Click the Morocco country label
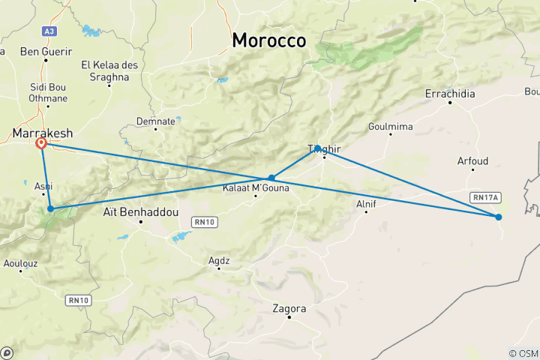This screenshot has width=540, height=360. click(269, 40)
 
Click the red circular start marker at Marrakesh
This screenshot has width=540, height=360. click(41, 143)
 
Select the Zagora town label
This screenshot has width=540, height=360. click(289, 308)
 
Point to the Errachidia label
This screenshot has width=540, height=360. click(449, 93)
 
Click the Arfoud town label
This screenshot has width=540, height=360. click(472, 160)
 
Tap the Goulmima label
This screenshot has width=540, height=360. click(391, 127)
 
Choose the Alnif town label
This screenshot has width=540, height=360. click(366, 202)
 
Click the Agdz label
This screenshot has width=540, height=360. click(219, 260)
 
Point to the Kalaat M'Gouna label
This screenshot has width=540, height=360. click(256, 187)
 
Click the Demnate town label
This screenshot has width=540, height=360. click(156, 120)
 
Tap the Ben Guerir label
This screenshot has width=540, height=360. click(46, 52)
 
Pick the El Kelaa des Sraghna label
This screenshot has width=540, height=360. click(110, 70)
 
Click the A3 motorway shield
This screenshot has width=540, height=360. click(49, 31)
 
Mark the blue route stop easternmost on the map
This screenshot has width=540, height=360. click(498, 217)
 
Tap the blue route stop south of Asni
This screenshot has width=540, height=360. click(50, 208)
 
